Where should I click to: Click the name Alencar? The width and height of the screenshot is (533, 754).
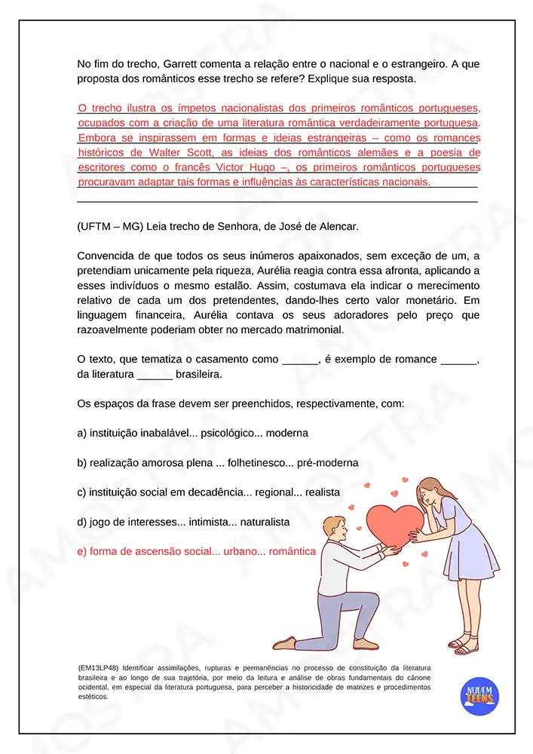click(x=338, y=226)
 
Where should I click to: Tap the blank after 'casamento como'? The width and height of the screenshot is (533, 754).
click(x=300, y=360)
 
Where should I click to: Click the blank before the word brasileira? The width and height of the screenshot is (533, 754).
click(x=155, y=374)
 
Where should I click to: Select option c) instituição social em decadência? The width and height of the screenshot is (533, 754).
click(x=209, y=492)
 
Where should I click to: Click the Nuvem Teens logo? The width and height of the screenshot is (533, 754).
click(x=478, y=695)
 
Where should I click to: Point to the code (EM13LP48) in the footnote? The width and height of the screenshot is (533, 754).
click(x=98, y=668)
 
